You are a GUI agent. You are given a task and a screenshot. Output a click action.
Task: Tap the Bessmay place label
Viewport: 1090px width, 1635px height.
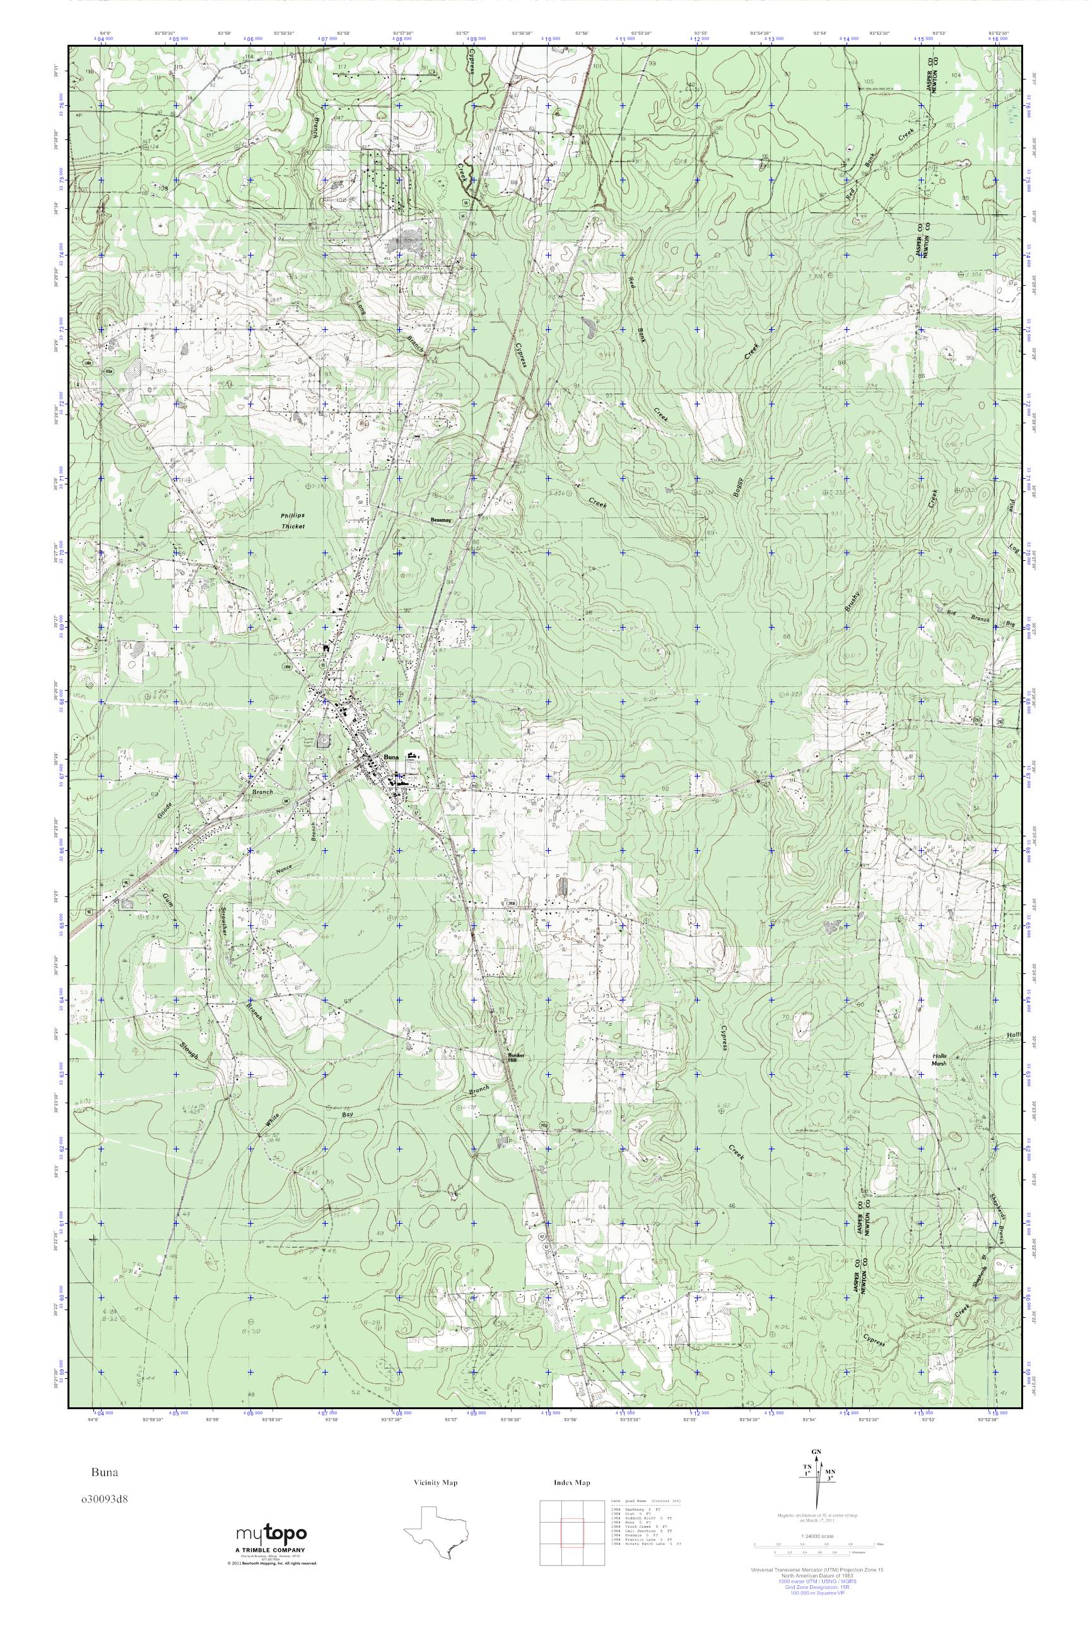coord(442,519)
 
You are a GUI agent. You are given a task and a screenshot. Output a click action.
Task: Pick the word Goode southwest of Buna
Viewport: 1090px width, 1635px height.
coord(164,808)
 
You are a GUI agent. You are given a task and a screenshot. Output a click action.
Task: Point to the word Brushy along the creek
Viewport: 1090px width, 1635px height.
coord(853,600)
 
